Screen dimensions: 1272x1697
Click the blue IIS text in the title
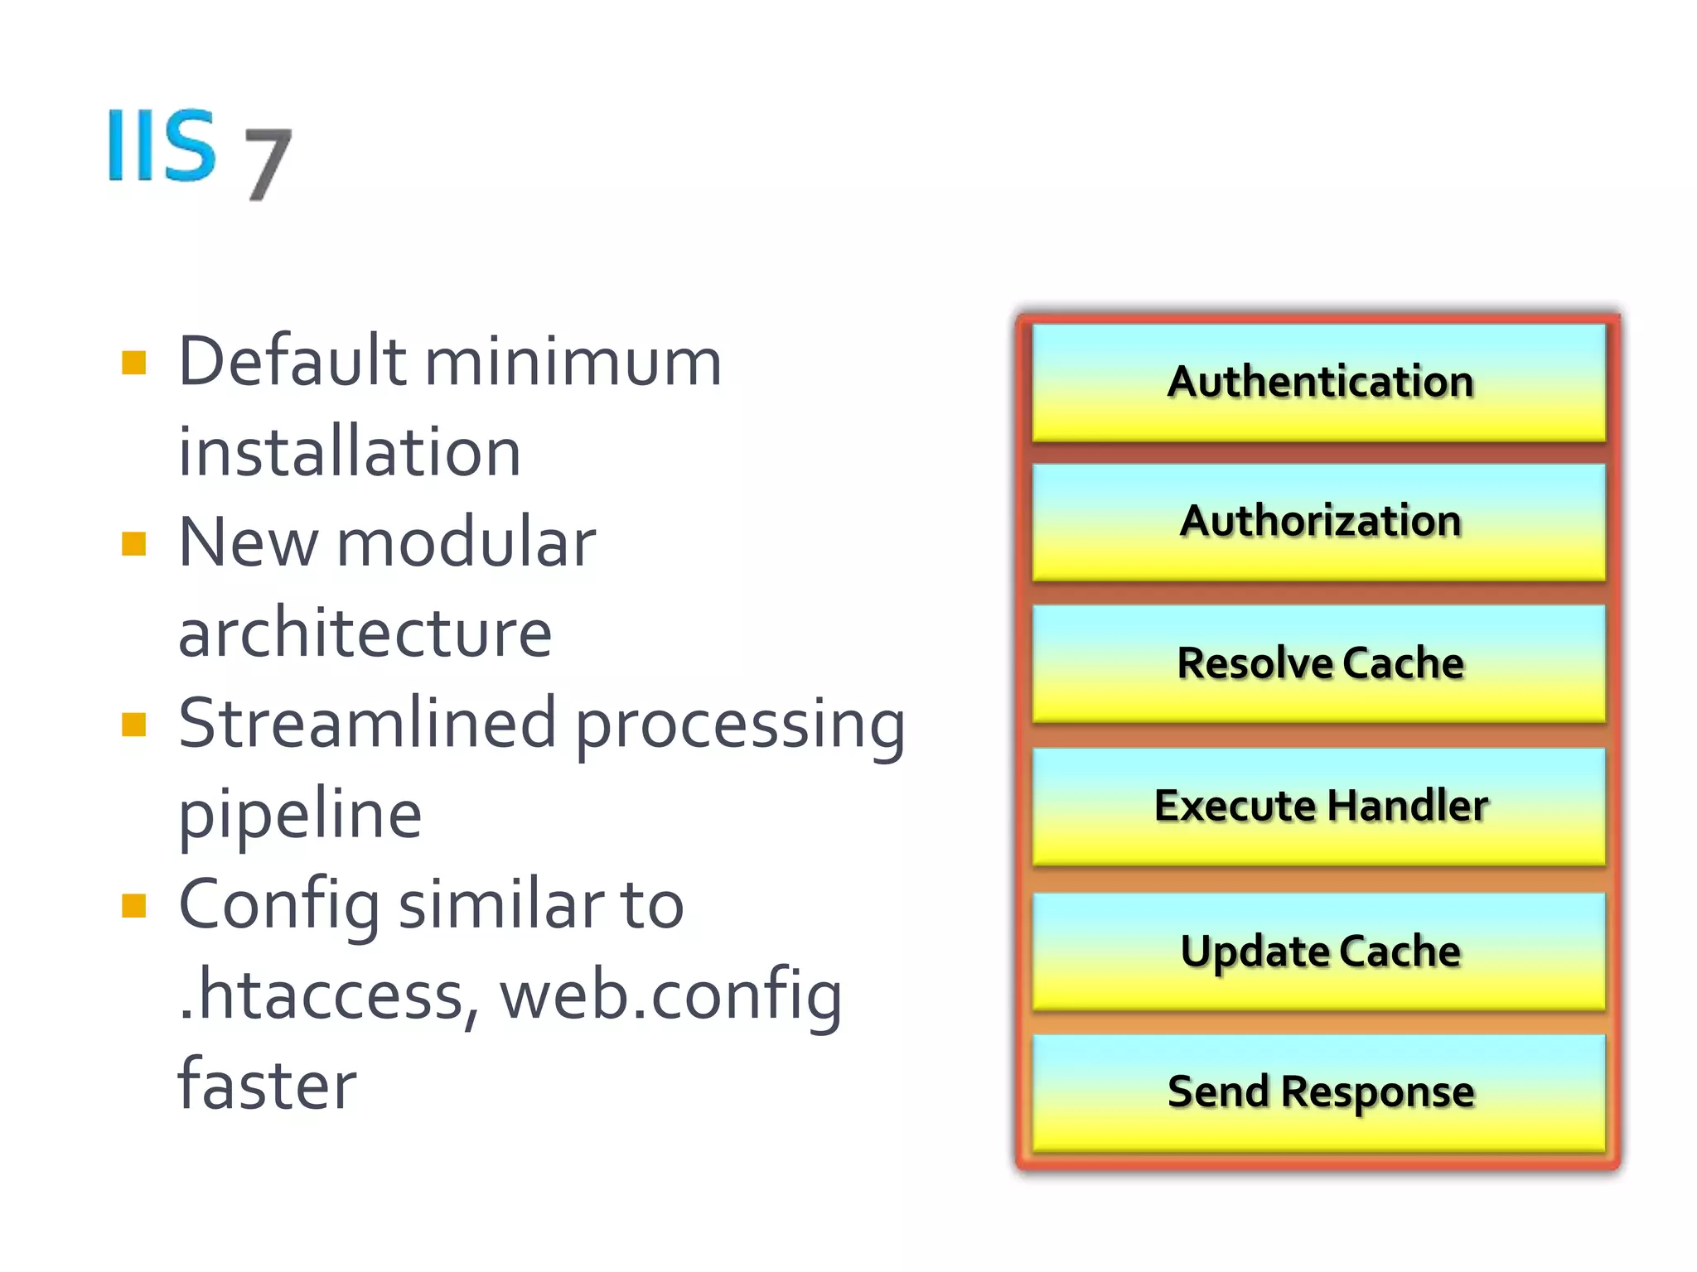click(162, 145)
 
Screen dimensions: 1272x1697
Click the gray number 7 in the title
click(268, 163)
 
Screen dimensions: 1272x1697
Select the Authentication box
click(1318, 383)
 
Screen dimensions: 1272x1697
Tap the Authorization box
click(1318, 522)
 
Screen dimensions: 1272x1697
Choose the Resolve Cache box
click(1318, 663)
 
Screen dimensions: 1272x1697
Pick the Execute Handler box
click(1318, 807)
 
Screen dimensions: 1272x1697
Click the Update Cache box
click(1318, 951)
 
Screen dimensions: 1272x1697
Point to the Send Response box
click(1318, 1092)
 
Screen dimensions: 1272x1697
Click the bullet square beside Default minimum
click(133, 363)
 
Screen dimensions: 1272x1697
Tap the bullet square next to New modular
click(133, 544)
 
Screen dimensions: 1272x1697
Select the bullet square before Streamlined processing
click(133, 725)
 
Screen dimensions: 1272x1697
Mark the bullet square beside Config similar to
click(133, 906)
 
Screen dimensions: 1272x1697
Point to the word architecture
click(365, 634)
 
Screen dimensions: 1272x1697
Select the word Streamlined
click(366, 723)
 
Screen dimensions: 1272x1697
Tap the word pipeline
click(300, 816)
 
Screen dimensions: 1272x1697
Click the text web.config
click(670, 995)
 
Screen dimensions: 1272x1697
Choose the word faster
click(267, 1085)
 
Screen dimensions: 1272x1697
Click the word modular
click(466, 543)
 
